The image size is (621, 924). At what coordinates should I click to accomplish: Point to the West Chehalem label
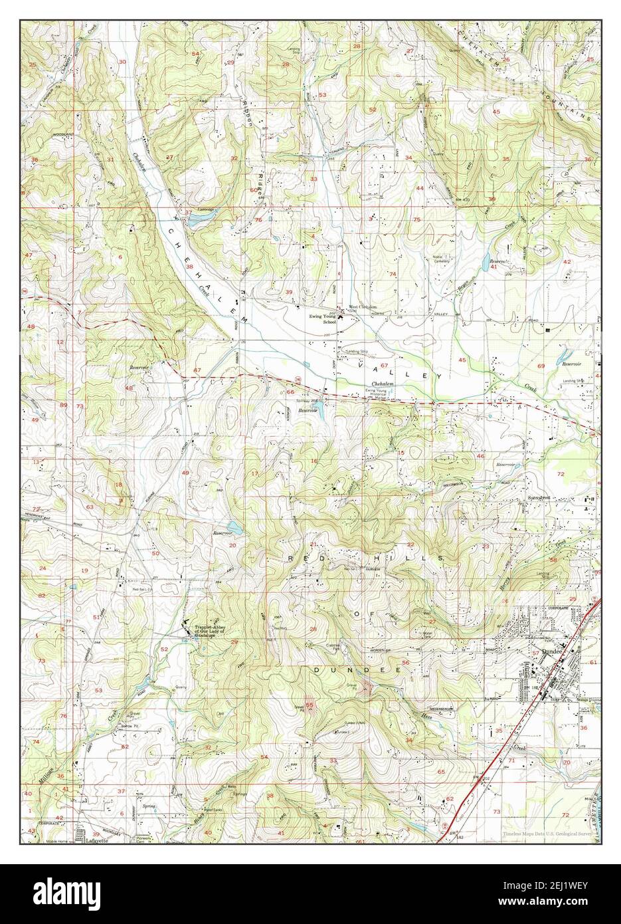pyautogui.click(x=363, y=308)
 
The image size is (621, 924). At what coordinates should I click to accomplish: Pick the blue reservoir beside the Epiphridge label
pyautogui.click(x=197, y=221)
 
